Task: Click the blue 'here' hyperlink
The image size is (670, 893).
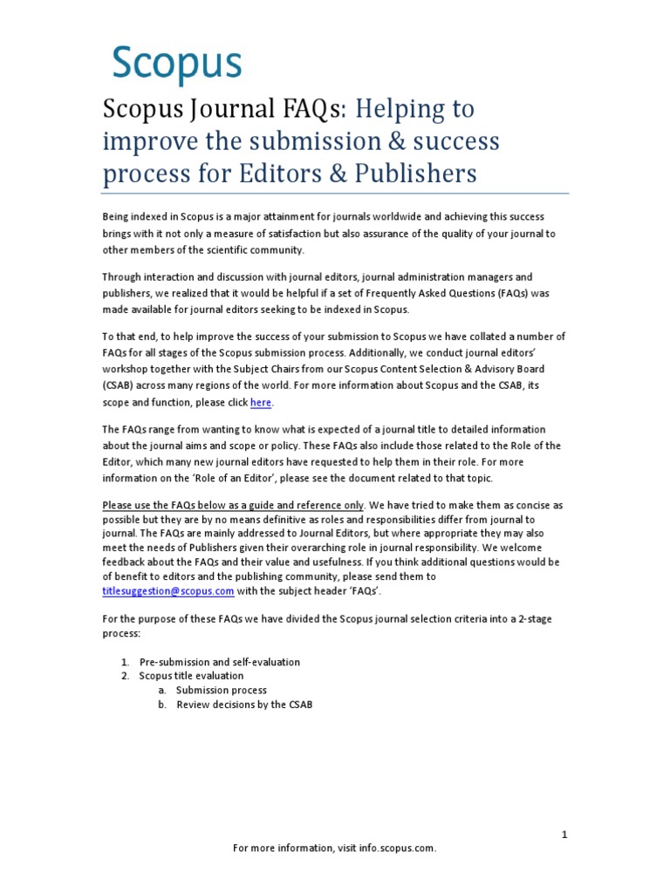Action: (261, 402)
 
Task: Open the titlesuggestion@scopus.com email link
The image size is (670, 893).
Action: (168, 590)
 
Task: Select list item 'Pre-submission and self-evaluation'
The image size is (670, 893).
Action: (219, 662)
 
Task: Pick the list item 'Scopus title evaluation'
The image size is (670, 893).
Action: (191, 676)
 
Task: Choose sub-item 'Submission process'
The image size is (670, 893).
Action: (221, 690)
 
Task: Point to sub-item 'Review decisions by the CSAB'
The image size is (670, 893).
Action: (243, 704)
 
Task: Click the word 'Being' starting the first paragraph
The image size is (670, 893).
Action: (117, 215)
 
